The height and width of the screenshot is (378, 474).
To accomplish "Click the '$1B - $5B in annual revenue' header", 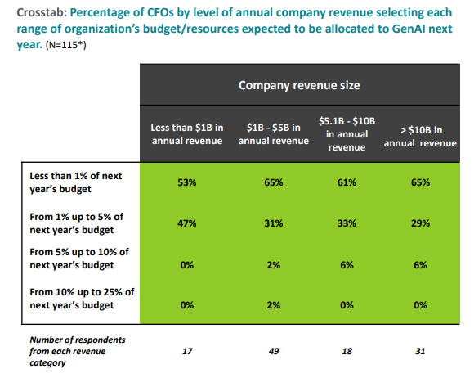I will pos(273,134).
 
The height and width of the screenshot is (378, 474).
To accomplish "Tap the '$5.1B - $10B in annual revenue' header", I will pos(346,134).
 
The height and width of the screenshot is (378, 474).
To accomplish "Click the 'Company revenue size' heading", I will pos(299,84).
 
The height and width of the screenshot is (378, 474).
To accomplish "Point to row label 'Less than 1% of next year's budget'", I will pos(74,182).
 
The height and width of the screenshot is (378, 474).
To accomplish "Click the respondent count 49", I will pos(273,350).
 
